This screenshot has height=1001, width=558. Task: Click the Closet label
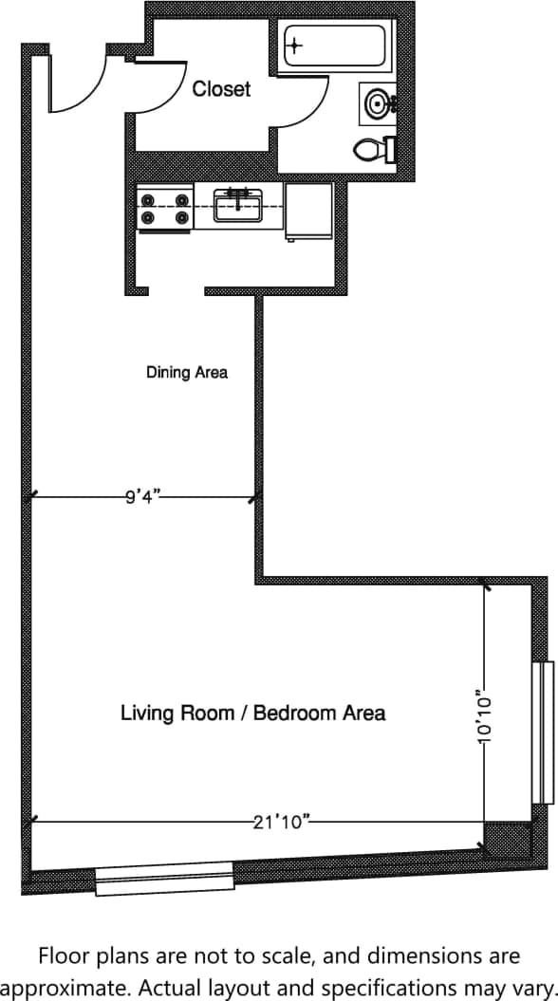[221, 89]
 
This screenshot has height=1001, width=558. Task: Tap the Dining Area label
[187, 373]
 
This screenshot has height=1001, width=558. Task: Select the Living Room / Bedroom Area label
[252, 713]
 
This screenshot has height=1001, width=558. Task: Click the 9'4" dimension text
[141, 496]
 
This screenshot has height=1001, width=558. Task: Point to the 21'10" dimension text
[283, 822]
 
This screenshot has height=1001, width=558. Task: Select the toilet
[375, 149]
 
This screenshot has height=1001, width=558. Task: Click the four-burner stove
[163, 208]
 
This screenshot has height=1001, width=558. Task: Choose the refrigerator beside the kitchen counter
[309, 211]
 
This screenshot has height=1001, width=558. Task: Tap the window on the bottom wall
[165, 879]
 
